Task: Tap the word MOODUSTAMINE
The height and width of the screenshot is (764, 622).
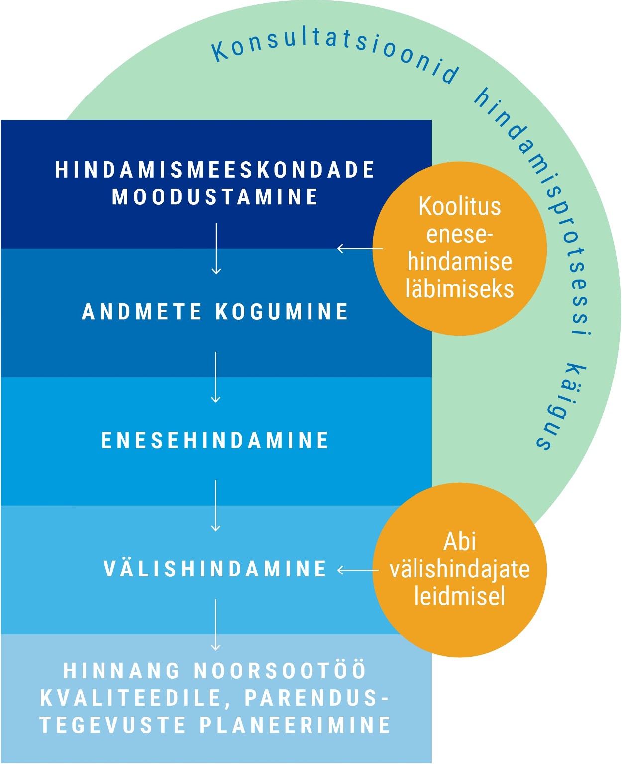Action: (x=215, y=196)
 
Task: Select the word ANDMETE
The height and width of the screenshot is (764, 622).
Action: (x=142, y=311)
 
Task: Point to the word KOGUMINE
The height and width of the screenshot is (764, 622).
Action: (x=282, y=311)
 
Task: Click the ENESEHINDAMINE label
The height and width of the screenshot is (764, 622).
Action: (x=215, y=440)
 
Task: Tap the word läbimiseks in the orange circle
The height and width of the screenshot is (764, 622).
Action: (x=459, y=289)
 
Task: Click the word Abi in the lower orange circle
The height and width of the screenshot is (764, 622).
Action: (x=459, y=541)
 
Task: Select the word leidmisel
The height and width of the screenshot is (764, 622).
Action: (x=459, y=596)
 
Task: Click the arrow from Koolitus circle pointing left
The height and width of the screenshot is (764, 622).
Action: (x=360, y=248)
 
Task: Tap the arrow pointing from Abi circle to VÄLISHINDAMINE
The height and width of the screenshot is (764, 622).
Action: (x=358, y=570)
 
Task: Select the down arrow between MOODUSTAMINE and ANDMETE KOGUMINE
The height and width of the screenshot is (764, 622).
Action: (x=216, y=249)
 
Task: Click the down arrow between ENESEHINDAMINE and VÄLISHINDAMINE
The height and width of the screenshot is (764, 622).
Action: (x=215, y=506)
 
